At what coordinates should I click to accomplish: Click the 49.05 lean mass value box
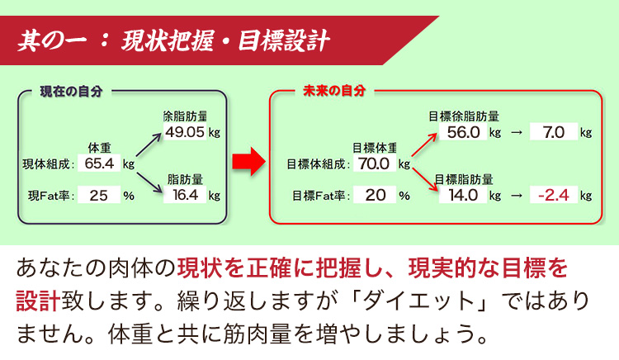coord(185,132)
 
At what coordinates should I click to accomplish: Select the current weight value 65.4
coord(99,163)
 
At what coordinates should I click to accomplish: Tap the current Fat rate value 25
coord(99,195)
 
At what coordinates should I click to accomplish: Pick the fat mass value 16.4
coord(185,195)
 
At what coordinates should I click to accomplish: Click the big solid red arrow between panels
coord(248,162)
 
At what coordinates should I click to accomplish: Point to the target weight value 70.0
coord(375,163)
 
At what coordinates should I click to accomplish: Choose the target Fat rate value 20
coord(375,195)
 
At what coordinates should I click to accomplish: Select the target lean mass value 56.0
coord(463,132)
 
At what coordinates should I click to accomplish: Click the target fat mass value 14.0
coord(463,195)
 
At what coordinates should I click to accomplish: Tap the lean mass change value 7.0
coord(554,132)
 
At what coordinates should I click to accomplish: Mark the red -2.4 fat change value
coord(554,195)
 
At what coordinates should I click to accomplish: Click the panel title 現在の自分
coord(71,92)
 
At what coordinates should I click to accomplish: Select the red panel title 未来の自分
coord(334,91)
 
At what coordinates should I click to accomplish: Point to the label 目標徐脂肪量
coord(464,116)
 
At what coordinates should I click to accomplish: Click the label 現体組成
coord(46,163)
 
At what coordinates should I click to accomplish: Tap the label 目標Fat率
coord(319,196)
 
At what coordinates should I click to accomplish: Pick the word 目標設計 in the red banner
coord(283,40)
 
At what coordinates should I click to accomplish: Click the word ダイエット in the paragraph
coord(418,301)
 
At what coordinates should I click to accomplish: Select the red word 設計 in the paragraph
coord(38,301)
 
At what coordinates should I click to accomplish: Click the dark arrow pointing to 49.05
coord(149,144)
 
